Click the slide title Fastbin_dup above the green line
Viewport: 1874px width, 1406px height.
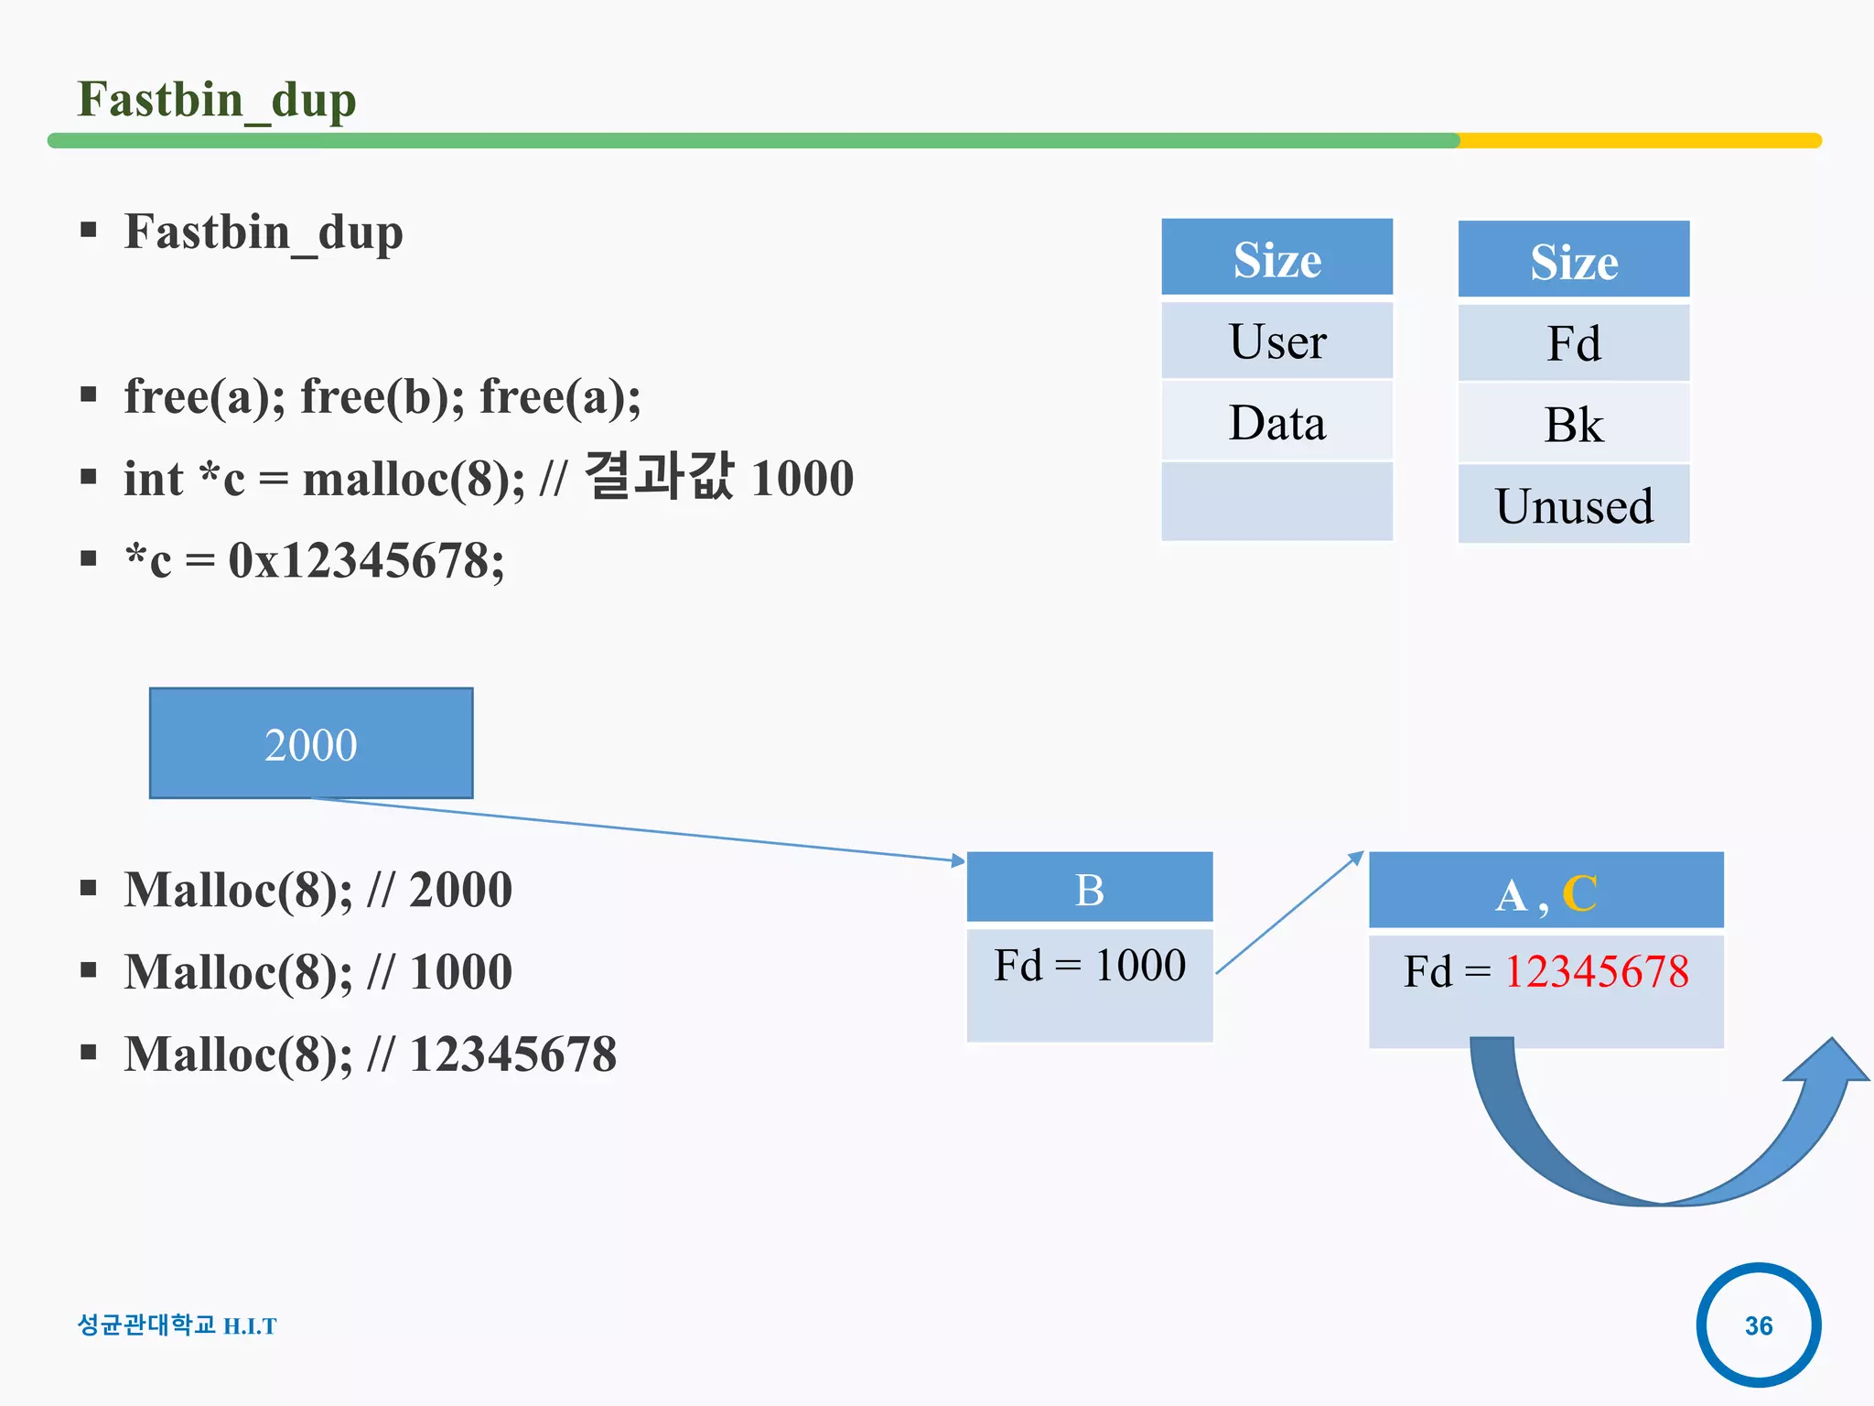pyautogui.click(x=217, y=99)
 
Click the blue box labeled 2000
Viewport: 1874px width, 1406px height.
pyautogui.click(x=311, y=743)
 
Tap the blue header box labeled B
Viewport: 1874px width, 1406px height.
pyautogui.click(x=1089, y=888)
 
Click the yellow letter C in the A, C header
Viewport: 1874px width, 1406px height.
pyautogui.click(x=1579, y=893)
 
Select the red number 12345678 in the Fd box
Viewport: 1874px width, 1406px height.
pyautogui.click(x=1596, y=971)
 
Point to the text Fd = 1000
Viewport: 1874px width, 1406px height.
pyautogui.click(x=1089, y=966)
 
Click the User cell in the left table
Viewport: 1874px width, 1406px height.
pyautogui.click(x=1276, y=341)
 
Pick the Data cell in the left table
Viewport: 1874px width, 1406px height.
pyautogui.click(x=1276, y=423)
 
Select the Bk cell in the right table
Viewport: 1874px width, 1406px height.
pyautogui.click(x=1573, y=425)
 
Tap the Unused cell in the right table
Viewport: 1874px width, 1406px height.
pyautogui.click(x=1573, y=505)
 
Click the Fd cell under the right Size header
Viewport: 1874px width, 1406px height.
pyautogui.click(x=1573, y=344)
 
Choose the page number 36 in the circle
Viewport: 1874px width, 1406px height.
pyautogui.click(x=1758, y=1325)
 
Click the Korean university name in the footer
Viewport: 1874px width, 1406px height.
pyautogui.click(x=146, y=1325)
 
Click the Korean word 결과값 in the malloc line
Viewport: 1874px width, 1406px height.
pyautogui.click(x=659, y=477)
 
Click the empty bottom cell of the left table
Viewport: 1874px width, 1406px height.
pyautogui.click(x=1276, y=502)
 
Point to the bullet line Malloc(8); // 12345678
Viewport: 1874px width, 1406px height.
pyautogui.click(x=371, y=1054)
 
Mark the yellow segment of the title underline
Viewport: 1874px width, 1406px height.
pyautogui.click(x=1638, y=141)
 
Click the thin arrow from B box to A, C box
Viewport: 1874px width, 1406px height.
pyautogui.click(x=1290, y=913)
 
